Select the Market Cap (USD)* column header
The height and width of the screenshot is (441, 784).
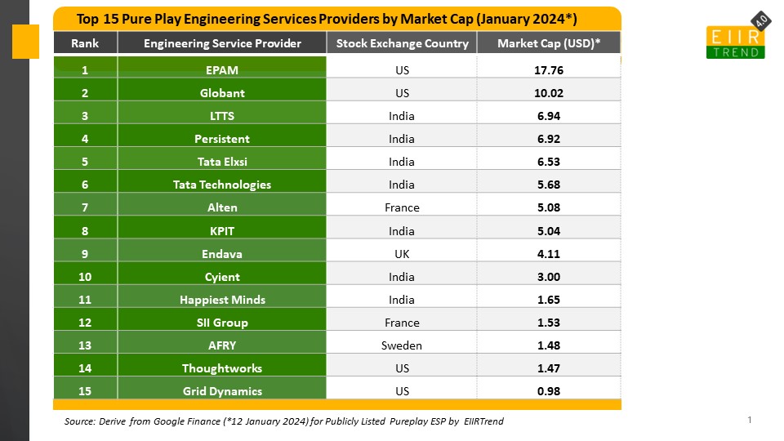tap(549, 43)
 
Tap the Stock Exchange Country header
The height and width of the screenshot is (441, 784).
tap(402, 43)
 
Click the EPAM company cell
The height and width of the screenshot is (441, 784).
tap(222, 70)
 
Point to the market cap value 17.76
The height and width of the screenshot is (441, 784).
tap(549, 70)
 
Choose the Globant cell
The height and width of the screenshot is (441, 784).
tap(222, 93)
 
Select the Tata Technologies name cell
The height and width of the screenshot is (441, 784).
tap(222, 185)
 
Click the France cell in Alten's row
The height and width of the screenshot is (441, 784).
tap(402, 207)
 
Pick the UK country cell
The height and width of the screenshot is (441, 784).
tap(402, 254)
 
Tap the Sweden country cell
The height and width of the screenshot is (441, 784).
tap(402, 345)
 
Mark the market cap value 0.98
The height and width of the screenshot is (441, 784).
tap(549, 391)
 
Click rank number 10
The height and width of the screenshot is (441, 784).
tap(85, 277)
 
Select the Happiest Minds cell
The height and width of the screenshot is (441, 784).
tap(222, 300)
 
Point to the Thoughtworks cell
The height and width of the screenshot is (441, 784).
tap(222, 368)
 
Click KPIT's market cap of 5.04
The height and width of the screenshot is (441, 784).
tap(549, 231)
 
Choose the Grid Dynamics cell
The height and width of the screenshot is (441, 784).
tap(222, 391)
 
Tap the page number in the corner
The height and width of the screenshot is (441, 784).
tap(749, 420)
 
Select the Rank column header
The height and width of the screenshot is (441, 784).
tap(85, 43)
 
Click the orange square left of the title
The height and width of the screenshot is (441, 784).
tap(25, 42)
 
